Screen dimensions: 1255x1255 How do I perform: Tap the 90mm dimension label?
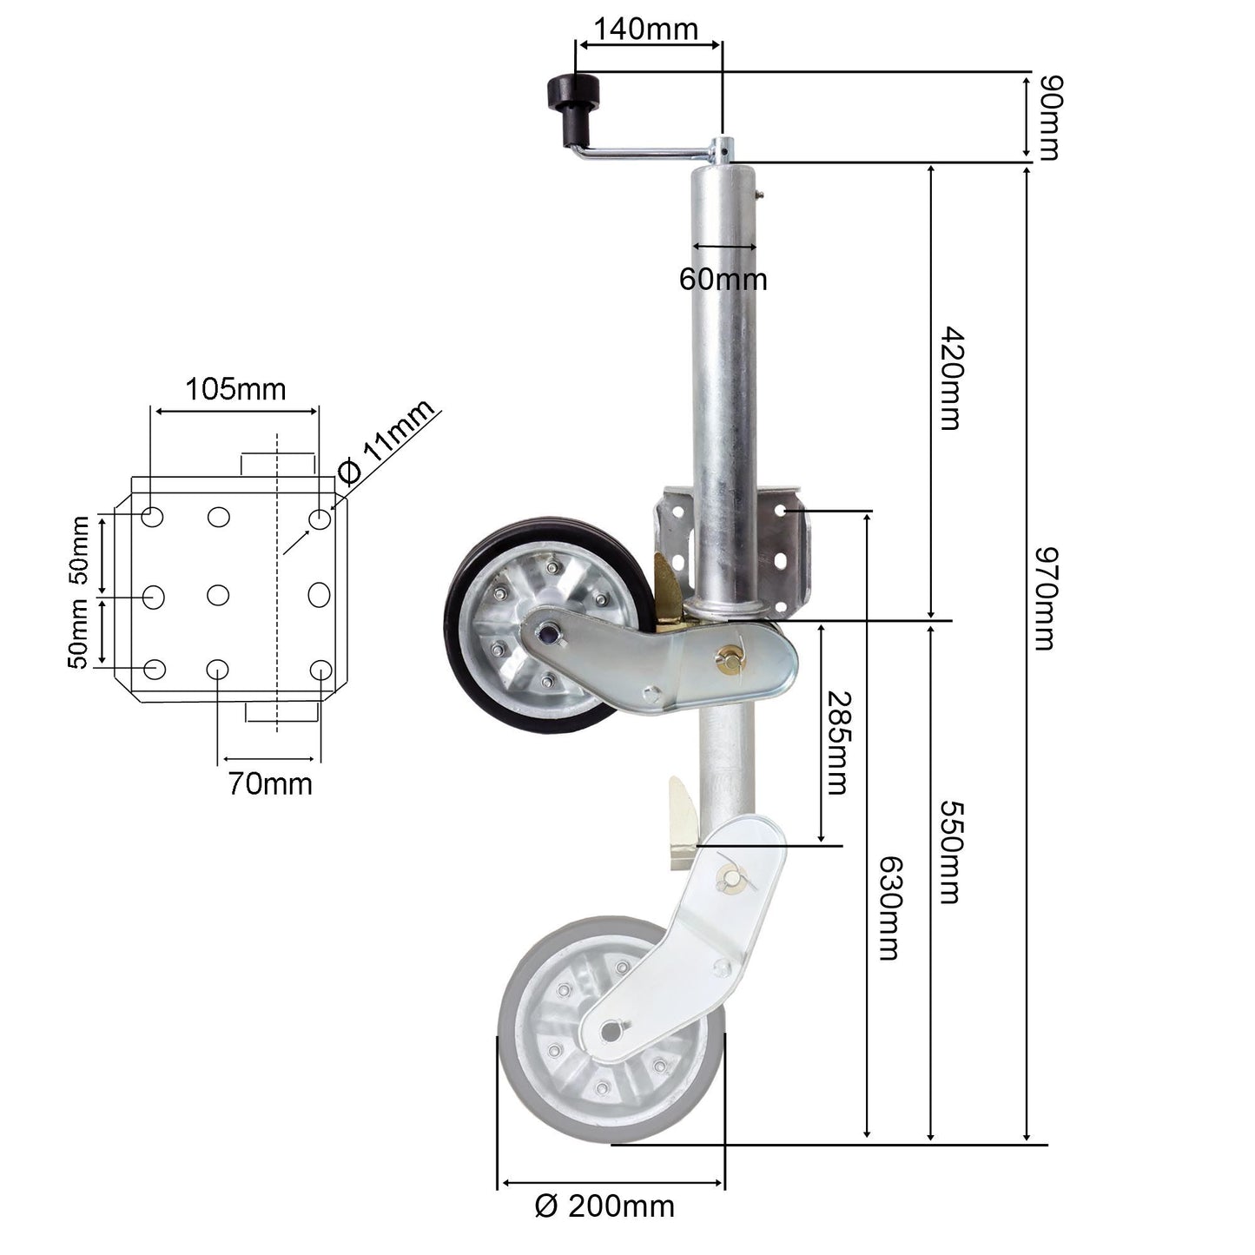1049,118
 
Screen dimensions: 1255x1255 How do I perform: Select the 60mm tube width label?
723,279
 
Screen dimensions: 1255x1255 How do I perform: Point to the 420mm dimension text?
949,379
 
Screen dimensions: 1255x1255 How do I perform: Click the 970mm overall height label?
1044,598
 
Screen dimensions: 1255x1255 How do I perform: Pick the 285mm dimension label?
836,743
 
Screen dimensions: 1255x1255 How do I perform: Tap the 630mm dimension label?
888,908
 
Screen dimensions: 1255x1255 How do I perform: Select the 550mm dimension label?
950,852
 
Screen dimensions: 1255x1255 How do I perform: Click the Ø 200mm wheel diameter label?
604,1206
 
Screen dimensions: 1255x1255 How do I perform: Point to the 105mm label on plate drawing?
234,389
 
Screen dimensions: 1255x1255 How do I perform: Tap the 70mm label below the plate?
270,783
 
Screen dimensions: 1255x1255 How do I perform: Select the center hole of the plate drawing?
218,595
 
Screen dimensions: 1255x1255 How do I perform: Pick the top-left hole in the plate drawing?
152,518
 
